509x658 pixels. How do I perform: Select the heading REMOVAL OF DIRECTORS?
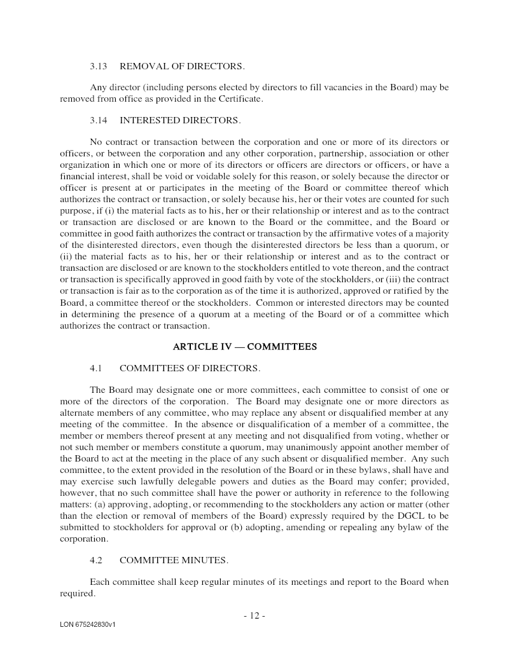click(182, 66)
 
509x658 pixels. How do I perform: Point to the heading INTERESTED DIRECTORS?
click(180, 120)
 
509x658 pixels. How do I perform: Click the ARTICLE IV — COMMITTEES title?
click(245, 346)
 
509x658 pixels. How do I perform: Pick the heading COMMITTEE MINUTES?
click(174, 560)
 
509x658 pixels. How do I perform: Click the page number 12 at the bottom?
click(254, 615)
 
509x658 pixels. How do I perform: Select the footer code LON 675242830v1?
click(88, 625)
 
